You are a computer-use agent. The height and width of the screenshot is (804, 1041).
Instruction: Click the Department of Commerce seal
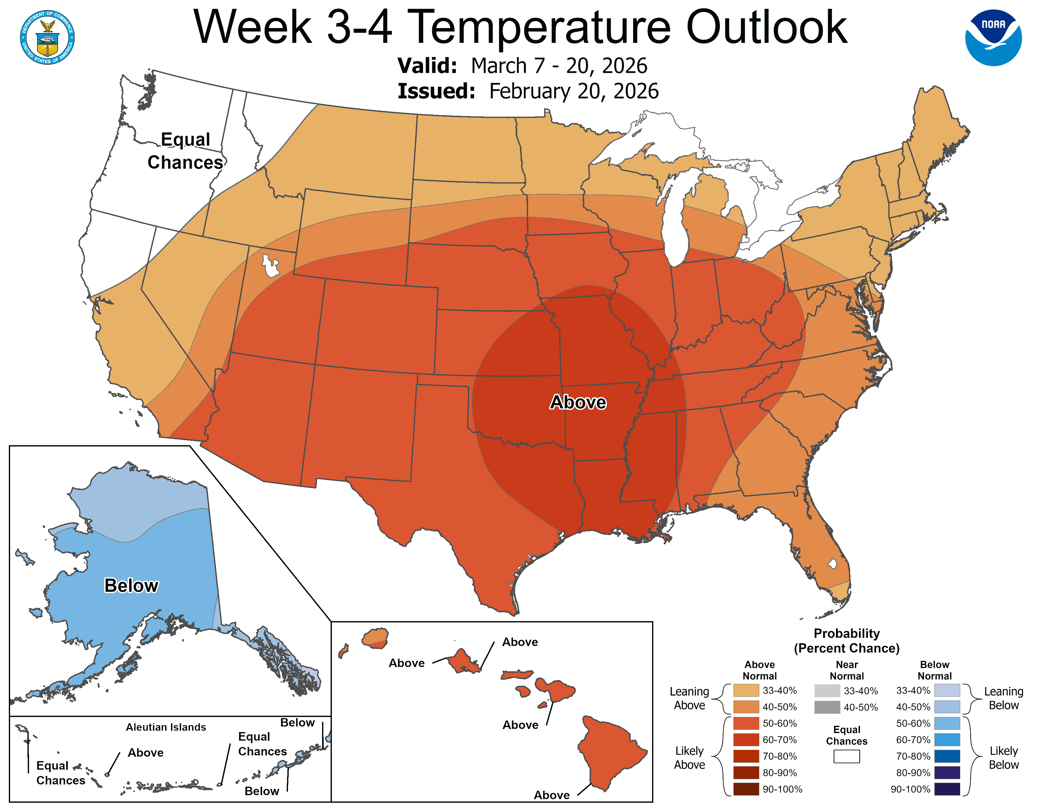click(47, 37)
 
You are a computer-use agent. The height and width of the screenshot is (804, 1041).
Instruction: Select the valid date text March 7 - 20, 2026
click(559, 66)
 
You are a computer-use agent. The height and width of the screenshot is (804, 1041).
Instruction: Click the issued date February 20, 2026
click(573, 91)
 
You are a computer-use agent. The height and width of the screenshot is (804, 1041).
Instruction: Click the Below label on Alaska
click(131, 586)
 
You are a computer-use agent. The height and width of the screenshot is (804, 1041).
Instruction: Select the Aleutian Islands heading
click(166, 727)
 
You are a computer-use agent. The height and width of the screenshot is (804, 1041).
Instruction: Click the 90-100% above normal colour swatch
click(746, 789)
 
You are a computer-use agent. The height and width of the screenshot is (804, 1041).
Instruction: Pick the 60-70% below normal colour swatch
click(947, 740)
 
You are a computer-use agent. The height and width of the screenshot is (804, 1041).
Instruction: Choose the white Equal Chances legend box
click(847, 756)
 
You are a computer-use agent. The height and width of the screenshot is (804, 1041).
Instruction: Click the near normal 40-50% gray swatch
click(827, 707)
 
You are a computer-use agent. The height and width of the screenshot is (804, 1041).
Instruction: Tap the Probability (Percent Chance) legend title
click(847, 641)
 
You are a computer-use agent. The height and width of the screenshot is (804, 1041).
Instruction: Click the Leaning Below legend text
click(1003, 698)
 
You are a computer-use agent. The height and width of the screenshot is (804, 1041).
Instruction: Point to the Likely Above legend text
click(689, 757)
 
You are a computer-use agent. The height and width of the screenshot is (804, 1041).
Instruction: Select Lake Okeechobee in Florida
click(832, 564)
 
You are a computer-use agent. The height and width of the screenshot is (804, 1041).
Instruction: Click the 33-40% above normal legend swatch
click(746, 690)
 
